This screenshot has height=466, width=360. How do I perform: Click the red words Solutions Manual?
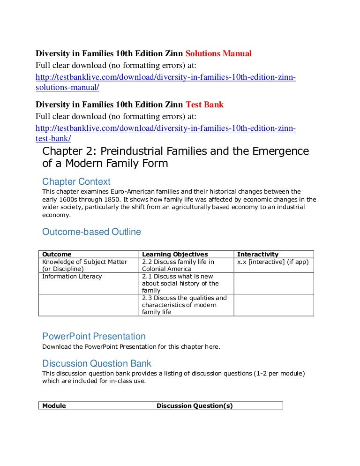(x=216, y=53)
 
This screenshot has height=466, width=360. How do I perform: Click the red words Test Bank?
(x=205, y=105)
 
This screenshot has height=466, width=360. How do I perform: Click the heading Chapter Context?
(x=76, y=181)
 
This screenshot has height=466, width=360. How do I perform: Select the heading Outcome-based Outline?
(x=91, y=232)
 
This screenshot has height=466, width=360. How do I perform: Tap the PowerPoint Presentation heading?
(x=94, y=336)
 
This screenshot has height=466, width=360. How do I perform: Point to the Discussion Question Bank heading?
(x=97, y=363)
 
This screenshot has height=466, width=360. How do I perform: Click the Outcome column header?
(x=57, y=254)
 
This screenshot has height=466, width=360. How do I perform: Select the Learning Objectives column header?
(x=175, y=254)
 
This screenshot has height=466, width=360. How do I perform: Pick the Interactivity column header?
(x=258, y=254)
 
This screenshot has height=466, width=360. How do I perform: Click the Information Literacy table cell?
(x=72, y=276)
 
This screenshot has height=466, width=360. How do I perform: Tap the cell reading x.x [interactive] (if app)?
(x=273, y=262)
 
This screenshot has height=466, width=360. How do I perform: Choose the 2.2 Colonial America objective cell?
(x=178, y=265)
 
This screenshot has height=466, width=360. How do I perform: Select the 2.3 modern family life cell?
(x=184, y=305)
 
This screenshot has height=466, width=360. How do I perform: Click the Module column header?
(x=54, y=406)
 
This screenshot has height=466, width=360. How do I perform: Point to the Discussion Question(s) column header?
(x=195, y=406)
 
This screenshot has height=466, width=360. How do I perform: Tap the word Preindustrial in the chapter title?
(x=137, y=151)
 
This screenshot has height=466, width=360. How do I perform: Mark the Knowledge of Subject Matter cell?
(x=84, y=265)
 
